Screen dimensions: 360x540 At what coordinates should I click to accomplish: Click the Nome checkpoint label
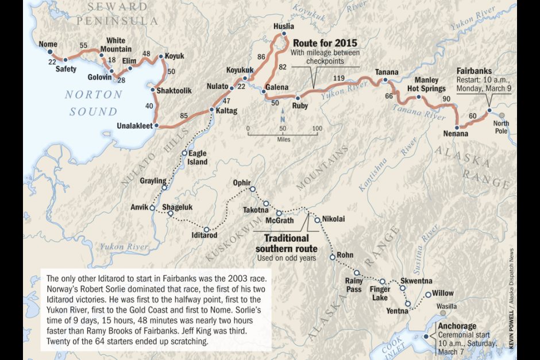pyautogui.click(x=47, y=45)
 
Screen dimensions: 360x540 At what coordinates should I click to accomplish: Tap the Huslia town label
pyautogui.click(x=284, y=26)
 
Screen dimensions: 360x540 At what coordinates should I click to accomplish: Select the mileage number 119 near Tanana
pyautogui.click(x=339, y=78)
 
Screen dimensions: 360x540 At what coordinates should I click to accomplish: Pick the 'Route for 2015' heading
pyautogui.click(x=325, y=44)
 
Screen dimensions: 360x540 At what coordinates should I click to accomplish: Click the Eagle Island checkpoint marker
pyautogui.click(x=185, y=153)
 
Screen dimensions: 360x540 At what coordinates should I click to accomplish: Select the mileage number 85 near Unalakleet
pyautogui.click(x=184, y=117)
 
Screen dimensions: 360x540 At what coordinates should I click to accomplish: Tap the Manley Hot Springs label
pyautogui.click(x=426, y=84)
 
